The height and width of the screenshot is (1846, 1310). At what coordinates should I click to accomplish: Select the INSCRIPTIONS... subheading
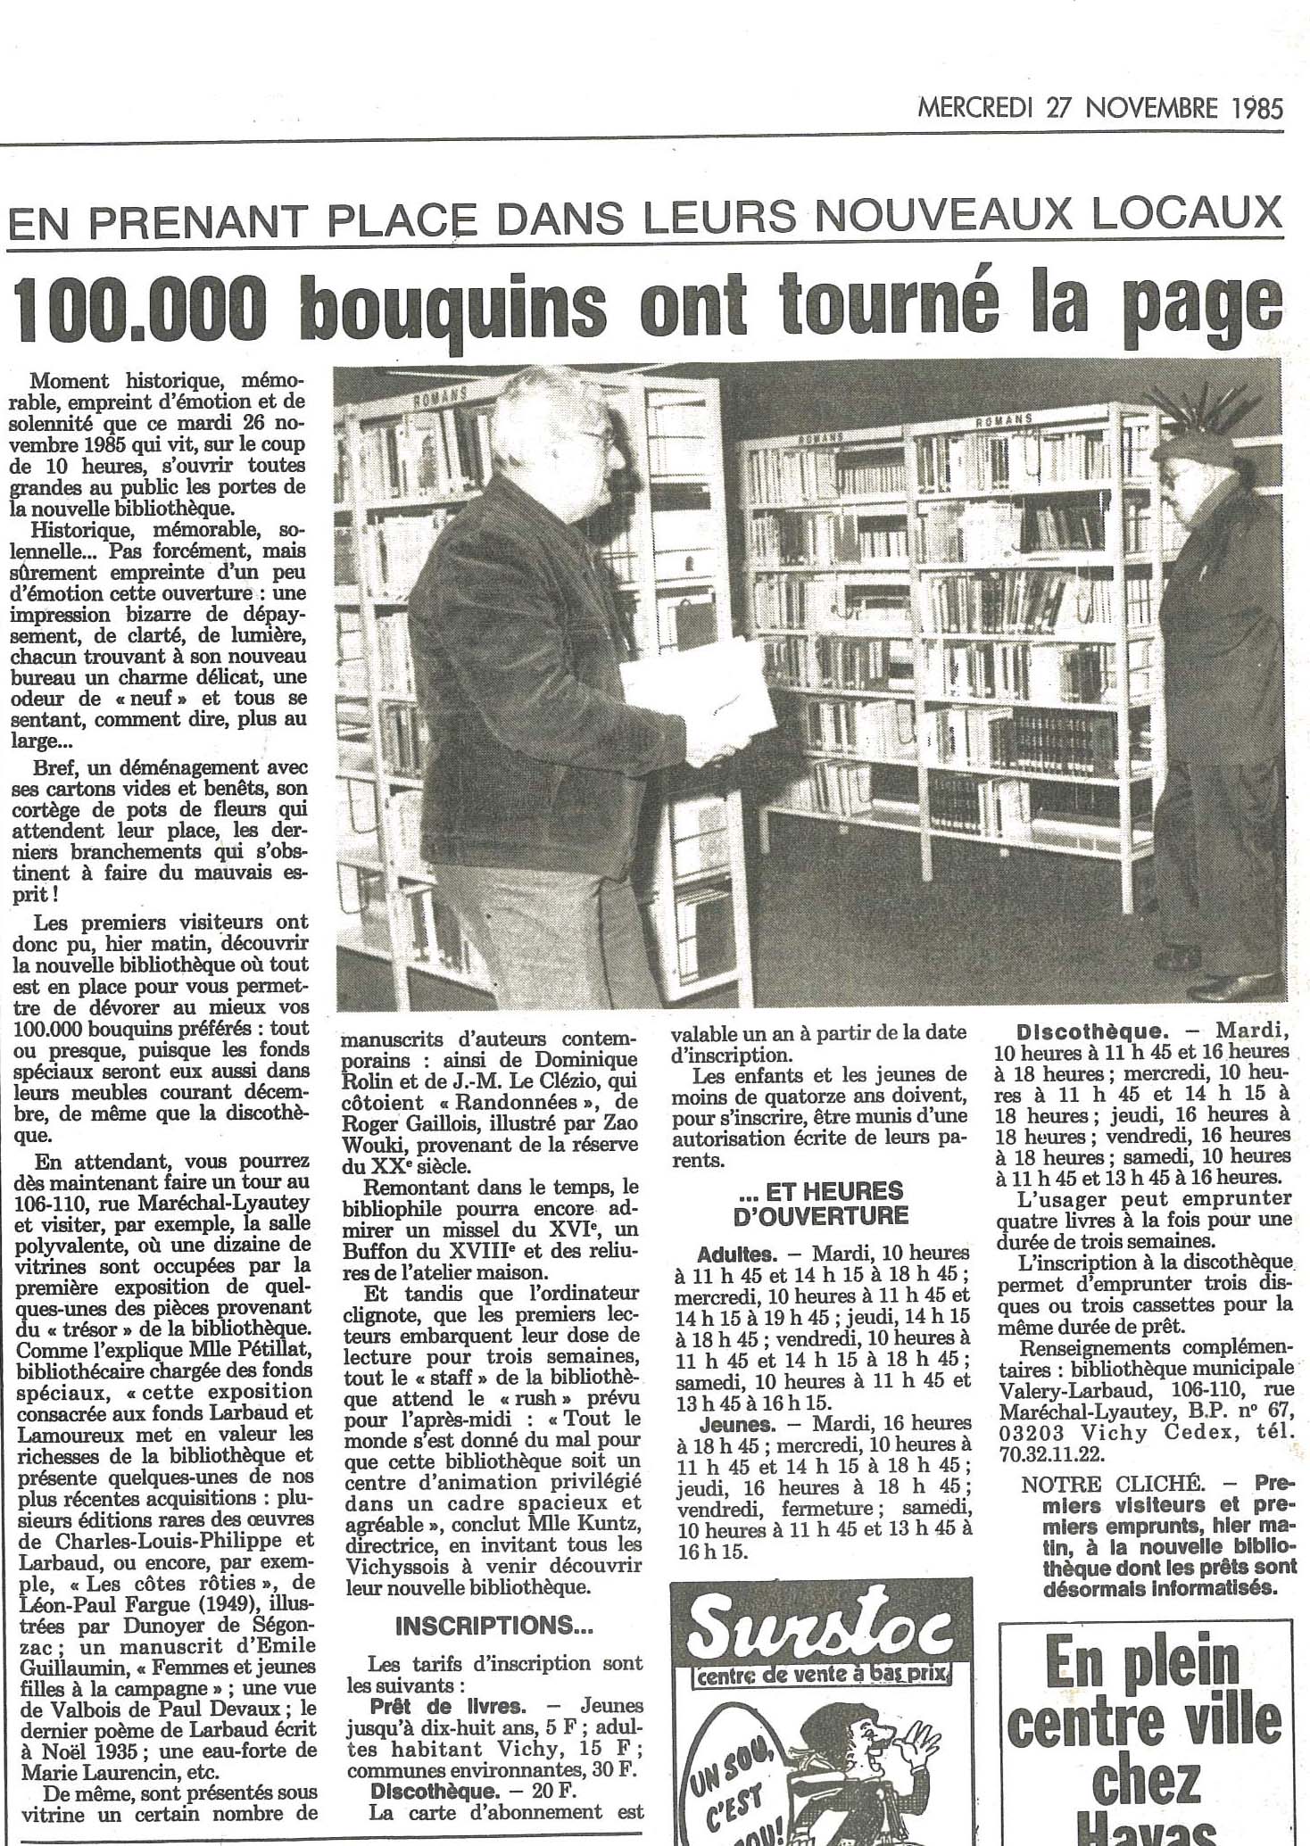[x=493, y=1626]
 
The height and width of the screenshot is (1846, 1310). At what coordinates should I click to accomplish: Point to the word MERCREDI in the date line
[x=974, y=109]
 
